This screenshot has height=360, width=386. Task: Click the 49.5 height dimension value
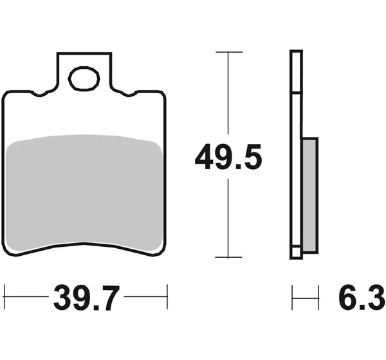click(x=228, y=157)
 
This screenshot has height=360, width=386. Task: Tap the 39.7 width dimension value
click(x=86, y=298)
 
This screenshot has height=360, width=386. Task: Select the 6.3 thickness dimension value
click(x=362, y=298)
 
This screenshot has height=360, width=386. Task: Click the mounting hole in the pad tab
click(x=84, y=78)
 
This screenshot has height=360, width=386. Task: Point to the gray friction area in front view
click(x=84, y=193)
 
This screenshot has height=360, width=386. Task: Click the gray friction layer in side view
click(x=309, y=195)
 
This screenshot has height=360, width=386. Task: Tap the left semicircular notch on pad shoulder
click(x=39, y=94)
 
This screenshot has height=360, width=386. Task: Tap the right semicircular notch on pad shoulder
click(x=129, y=94)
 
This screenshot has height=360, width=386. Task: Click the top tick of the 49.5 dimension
click(x=229, y=52)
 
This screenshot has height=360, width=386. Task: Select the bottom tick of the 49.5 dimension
click(x=228, y=257)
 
